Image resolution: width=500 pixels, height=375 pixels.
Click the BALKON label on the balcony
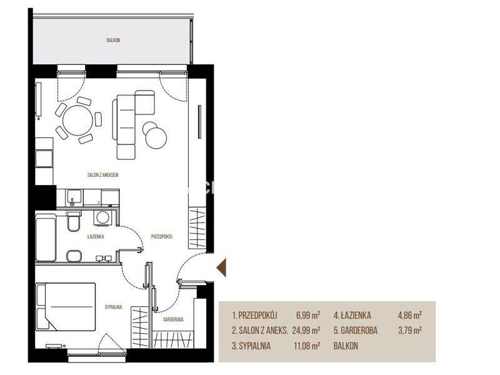113,41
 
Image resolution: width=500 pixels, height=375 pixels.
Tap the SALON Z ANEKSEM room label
102,175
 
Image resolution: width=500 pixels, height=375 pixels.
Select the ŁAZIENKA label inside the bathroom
96,237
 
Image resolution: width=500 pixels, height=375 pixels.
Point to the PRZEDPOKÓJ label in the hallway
162,237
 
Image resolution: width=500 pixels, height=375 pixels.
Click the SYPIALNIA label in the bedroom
114,307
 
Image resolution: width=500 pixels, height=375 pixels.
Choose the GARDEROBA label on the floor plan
173,319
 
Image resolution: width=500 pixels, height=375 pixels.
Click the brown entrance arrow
221,267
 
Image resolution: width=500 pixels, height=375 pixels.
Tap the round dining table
77,121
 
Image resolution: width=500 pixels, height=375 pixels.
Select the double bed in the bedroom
66,306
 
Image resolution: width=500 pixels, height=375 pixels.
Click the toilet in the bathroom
74,221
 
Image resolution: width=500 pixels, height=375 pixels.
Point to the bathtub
46,237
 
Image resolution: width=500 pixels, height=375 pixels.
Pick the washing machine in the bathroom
102,217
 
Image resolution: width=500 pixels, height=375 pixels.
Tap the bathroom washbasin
74,256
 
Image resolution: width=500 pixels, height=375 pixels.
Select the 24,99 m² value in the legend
306,331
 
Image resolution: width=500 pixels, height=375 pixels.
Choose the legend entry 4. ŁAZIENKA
352,316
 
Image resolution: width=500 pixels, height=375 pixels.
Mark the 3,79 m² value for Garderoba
410,331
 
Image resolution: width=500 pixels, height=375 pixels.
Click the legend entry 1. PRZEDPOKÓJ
254,316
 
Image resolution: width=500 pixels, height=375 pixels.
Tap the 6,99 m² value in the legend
308,316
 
